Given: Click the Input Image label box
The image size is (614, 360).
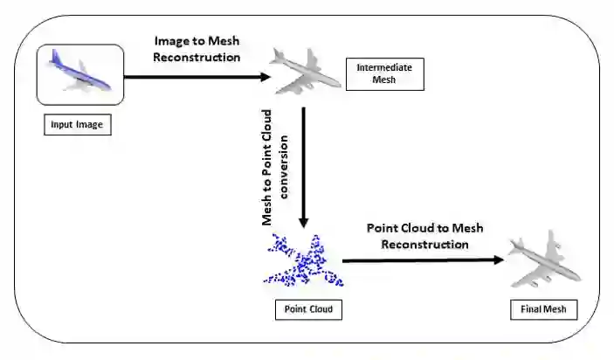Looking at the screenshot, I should pos(77,125).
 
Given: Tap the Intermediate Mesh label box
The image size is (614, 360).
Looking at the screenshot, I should pos(385,74).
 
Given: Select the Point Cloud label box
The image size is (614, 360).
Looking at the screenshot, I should pos(308,309).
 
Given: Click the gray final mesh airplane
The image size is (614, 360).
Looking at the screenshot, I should pos(545,261).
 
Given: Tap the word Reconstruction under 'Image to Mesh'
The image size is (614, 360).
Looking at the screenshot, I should pos(196,57).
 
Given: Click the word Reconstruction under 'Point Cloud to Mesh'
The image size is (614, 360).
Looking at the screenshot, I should pos(424,244).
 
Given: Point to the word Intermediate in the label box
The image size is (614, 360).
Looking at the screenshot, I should pos(385,67).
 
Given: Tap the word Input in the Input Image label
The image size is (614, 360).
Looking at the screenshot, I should pos(63,125).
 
